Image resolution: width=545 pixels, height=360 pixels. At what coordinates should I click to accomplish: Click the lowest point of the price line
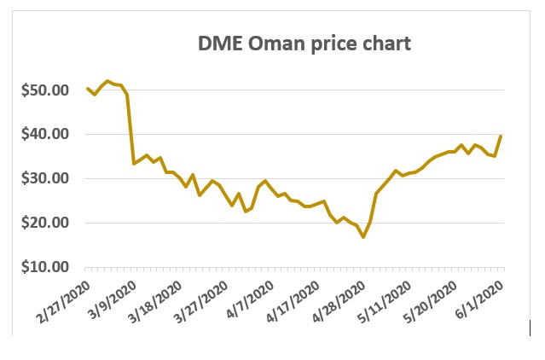363,237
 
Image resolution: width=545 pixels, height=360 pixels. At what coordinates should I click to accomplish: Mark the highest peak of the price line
107,81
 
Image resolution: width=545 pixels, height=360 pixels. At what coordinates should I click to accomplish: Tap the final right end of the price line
502,136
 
